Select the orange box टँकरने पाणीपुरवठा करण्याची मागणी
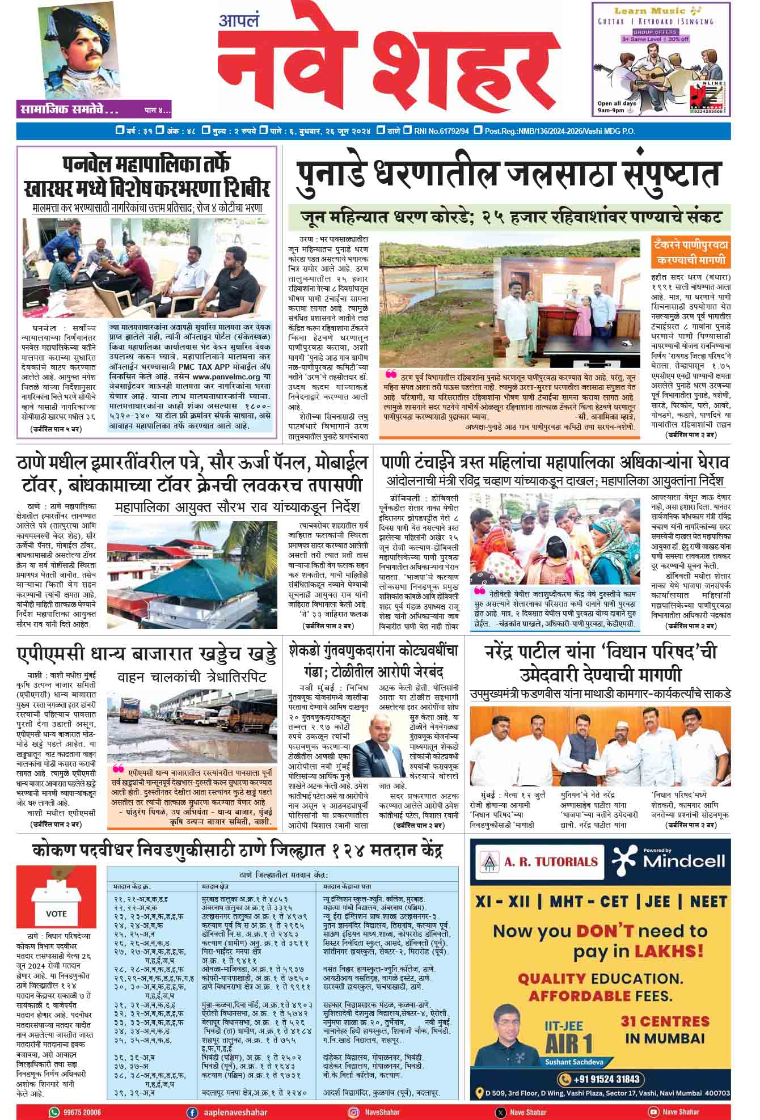(x=691, y=253)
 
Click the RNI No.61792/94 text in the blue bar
(x=442, y=132)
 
